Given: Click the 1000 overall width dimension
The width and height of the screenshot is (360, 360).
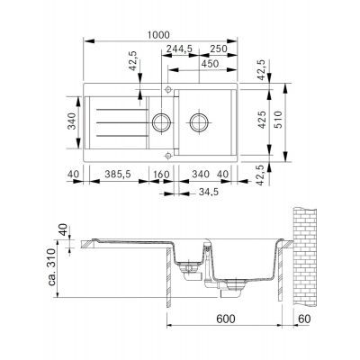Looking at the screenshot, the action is click(x=158, y=35).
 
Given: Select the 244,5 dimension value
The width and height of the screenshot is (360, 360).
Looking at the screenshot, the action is click(x=179, y=49).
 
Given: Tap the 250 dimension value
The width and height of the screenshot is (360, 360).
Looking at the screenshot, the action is click(x=219, y=49).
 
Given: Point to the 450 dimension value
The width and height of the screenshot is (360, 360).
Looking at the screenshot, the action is click(x=210, y=64).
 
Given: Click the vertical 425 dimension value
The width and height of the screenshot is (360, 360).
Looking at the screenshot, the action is click(x=262, y=120).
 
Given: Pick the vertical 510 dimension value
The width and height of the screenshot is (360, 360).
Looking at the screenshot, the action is click(x=278, y=120).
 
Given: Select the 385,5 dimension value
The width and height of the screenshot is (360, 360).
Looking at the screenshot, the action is click(x=118, y=174).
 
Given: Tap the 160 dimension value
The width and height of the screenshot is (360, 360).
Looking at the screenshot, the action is click(x=161, y=174).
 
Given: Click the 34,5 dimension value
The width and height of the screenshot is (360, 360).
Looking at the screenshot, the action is click(x=209, y=192).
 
